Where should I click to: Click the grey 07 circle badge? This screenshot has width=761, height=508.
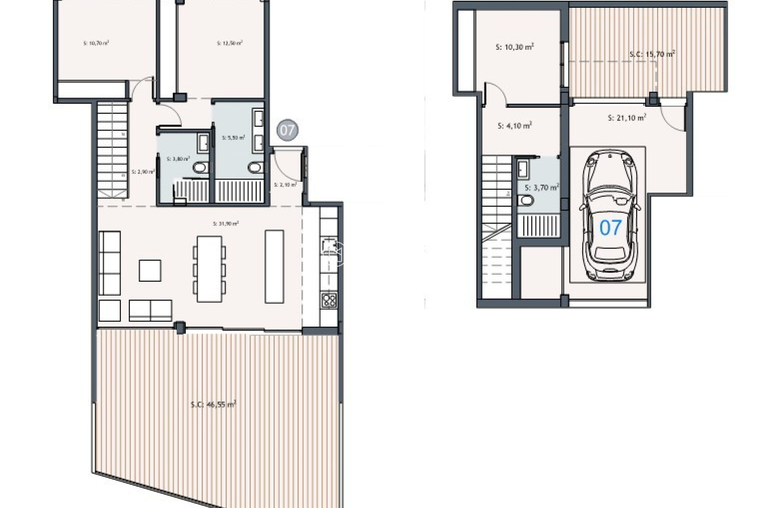tap(287, 130)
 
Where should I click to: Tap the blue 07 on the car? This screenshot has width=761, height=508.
tap(610, 228)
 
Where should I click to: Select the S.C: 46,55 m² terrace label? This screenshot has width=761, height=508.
tap(213, 405)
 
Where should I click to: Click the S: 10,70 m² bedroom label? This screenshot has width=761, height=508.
tap(96, 43)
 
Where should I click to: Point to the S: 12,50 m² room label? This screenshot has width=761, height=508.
tap(230, 43)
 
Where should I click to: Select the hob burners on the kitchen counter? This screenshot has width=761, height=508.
tap(329, 300)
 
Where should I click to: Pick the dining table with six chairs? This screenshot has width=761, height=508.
tap(209, 269)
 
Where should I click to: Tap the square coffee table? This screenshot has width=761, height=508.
tap(150, 271)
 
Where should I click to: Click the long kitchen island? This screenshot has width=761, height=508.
tap(274, 267)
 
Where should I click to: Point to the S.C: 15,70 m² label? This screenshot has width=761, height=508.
tap(652, 54)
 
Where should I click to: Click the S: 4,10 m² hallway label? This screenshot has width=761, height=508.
tap(514, 126)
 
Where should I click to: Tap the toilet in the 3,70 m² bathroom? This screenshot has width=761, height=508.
tap(527, 201)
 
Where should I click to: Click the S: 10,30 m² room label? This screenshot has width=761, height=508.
tap(514, 47)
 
